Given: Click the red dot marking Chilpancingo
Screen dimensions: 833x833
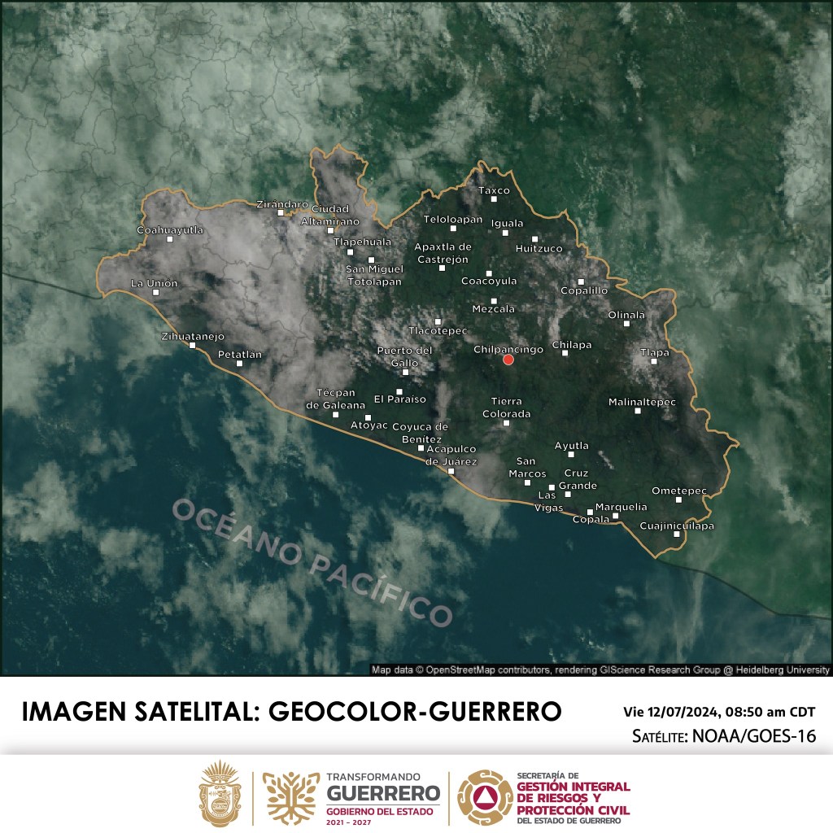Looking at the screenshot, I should pyautogui.click(x=508, y=360).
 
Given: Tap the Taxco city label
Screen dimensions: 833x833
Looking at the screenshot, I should pyautogui.click(x=494, y=190).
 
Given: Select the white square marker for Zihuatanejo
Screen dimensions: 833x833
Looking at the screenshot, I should pyautogui.click(x=193, y=345).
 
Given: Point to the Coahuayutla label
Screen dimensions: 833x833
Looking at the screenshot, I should pyautogui.click(x=169, y=230).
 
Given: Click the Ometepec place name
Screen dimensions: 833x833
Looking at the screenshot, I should pyautogui.click(x=679, y=491).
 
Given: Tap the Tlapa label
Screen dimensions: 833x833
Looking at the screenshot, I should pyautogui.click(x=654, y=352).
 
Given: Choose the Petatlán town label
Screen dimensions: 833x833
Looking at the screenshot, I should pyautogui.click(x=240, y=354).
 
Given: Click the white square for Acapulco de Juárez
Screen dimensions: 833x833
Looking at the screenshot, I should pyautogui.click(x=451, y=471).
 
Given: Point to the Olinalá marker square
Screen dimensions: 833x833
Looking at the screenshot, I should pyautogui.click(x=626, y=324).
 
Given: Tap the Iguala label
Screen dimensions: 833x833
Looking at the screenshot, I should pyautogui.click(x=508, y=223).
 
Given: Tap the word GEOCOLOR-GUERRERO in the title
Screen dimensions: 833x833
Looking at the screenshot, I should pyautogui.click(x=414, y=711).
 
